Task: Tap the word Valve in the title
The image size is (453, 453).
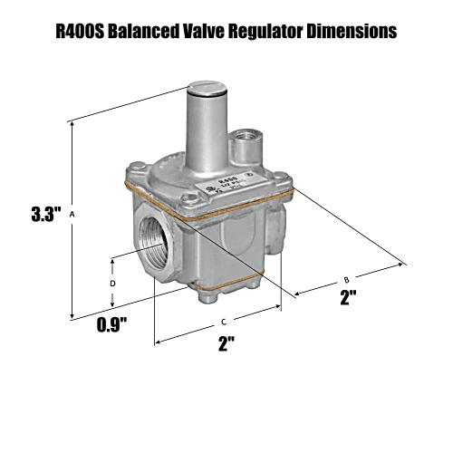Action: coord(217,32)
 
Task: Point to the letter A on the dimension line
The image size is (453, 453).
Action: coord(72,215)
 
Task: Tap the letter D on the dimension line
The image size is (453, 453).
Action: coord(112,283)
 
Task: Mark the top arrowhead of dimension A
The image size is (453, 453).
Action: coord(72,120)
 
